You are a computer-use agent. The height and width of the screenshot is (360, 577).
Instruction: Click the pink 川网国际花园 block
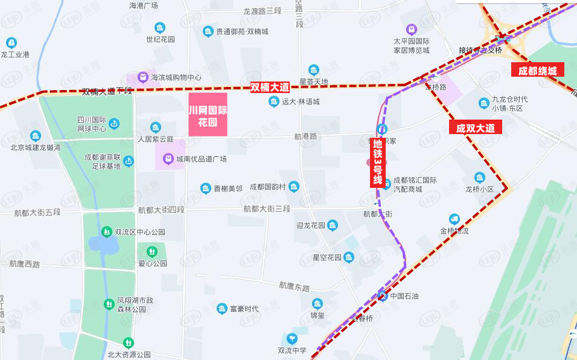(x=208, y=114)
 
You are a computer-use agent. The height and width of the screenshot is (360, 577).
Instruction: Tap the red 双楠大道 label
(x=270, y=88)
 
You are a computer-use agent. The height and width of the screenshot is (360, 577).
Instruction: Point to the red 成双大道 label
(x=475, y=128)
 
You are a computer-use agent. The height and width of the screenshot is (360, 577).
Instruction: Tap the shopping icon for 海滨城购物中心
(x=142, y=77)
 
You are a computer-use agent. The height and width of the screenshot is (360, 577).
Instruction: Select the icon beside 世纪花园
(x=160, y=28)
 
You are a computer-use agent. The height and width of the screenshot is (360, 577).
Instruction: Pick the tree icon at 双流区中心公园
(x=106, y=232)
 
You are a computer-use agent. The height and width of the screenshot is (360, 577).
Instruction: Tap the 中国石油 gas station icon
(x=382, y=296)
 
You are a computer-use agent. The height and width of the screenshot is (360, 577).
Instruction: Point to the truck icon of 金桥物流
(x=454, y=219)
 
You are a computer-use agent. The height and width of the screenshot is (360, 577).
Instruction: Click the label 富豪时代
(x=244, y=309)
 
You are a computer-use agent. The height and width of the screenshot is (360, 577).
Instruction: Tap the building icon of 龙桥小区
(x=479, y=178)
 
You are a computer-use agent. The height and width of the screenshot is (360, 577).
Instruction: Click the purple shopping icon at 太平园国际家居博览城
(x=411, y=29)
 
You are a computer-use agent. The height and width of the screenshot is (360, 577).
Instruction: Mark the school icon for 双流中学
(x=292, y=338)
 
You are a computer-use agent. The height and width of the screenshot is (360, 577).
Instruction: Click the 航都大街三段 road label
(x=267, y=209)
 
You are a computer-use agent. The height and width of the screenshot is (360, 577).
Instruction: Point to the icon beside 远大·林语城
(x=274, y=101)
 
